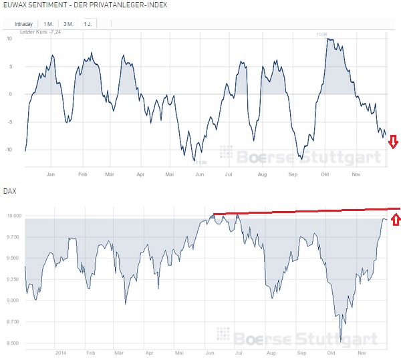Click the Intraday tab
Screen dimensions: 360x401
point(23,23)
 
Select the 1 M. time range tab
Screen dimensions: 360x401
point(49,23)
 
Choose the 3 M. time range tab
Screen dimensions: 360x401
point(68,23)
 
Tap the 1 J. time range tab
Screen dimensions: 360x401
point(88,23)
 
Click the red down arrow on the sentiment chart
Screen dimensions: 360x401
point(393,142)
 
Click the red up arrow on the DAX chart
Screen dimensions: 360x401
point(396,219)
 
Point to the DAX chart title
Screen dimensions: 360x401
point(10,191)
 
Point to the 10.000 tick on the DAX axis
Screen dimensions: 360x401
point(13,216)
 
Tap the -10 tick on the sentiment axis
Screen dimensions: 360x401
point(9,150)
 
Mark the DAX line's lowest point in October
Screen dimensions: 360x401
point(341,341)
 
